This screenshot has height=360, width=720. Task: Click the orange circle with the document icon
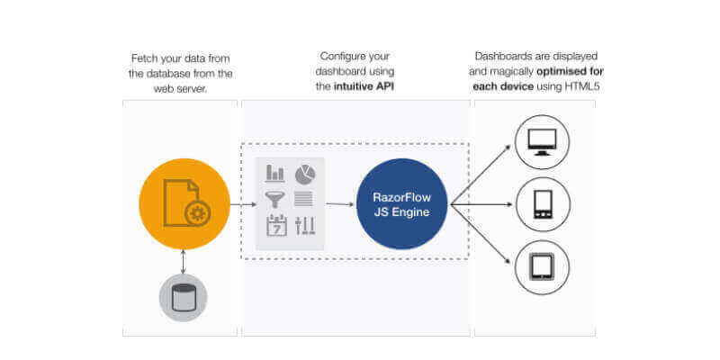(x=184, y=204)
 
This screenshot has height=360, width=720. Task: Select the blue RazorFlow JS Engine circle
(x=402, y=204)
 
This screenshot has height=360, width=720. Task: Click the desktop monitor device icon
(x=543, y=142)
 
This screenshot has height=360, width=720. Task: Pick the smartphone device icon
(x=543, y=204)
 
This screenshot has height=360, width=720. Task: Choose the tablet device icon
(x=543, y=267)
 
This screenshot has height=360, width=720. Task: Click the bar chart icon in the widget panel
(x=275, y=173)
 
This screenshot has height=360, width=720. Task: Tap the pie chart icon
(x=305, y=173)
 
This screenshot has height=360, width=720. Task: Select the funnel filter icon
(x=275, y=198)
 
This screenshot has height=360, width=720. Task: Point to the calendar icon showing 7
(x=275, y=226)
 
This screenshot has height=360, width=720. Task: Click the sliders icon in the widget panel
(x=305, y=226)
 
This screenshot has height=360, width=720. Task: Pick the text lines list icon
(x=305, y=198)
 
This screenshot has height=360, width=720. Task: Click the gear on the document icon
(x=197, y=213)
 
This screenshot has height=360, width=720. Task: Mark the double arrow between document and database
(x=184, y=261)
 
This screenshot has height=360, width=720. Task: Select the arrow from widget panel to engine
(x=339, y=204)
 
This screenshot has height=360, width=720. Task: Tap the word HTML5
(x=581, y=86)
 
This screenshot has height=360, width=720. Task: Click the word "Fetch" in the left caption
(x=145, y=58)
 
